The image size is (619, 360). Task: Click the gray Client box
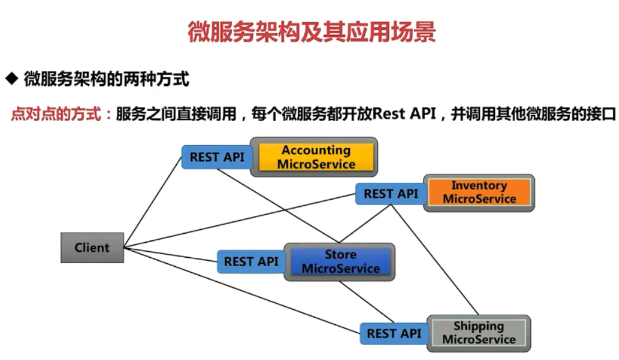point(92,247)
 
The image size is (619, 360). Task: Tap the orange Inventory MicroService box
point(479,192)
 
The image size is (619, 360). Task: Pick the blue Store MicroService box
point(340,261)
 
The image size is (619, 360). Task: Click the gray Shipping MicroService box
point(478,333)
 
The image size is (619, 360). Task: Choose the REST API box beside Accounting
point(217,157)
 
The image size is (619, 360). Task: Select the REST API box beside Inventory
point(390,194)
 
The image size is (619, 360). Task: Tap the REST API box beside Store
point(251,262)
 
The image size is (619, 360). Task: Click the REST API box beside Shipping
point(393,333)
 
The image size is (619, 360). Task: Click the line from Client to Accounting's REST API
point(152,202)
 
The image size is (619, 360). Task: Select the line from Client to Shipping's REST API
point(242,290)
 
